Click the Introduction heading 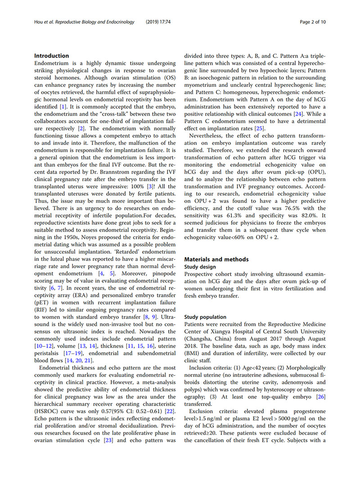click(x=52, y=56)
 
